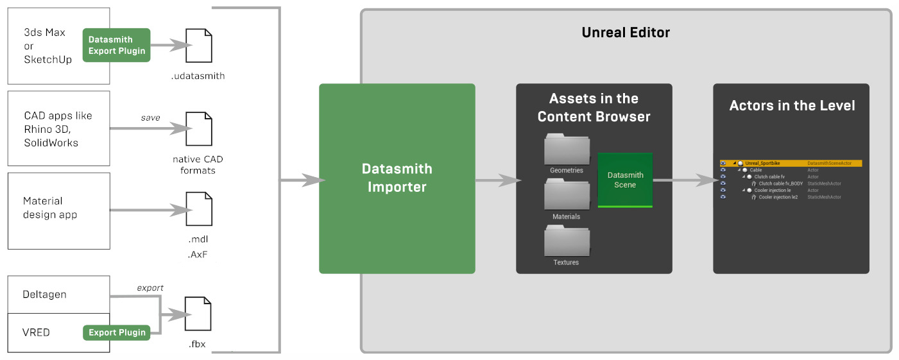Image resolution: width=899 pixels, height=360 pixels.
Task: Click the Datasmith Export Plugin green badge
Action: coord(116,45)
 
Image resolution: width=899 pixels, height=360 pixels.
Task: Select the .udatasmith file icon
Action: coord(198,46)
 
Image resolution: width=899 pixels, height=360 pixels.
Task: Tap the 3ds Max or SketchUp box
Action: coord(58,46)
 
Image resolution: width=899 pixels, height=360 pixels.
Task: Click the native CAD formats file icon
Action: coord(198,129)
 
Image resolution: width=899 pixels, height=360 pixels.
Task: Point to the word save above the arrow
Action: coord(151,117)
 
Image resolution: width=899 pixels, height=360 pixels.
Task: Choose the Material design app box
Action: coord(58,210)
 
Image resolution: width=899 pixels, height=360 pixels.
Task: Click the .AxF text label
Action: coord(198,255)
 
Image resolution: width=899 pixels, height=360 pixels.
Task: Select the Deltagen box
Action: coord(58,295)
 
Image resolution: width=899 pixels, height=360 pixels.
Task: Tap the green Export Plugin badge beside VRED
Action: coord(116,332)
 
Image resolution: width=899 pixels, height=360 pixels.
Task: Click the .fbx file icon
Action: coord(198,313)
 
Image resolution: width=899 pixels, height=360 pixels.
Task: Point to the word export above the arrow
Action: coord(150,287)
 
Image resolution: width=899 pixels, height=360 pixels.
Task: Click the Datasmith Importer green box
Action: coord(397,178)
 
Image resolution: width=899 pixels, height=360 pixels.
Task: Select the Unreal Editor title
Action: coord(625,32)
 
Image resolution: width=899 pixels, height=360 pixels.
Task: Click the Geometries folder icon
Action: coord(567,149)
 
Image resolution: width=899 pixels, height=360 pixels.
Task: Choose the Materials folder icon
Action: coord(567,194)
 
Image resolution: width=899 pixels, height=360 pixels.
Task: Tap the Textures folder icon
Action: coord(567,241)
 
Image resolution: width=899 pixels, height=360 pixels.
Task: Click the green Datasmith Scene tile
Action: coord(625,180)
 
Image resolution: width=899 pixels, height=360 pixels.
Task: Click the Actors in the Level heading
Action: coord(792,106)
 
